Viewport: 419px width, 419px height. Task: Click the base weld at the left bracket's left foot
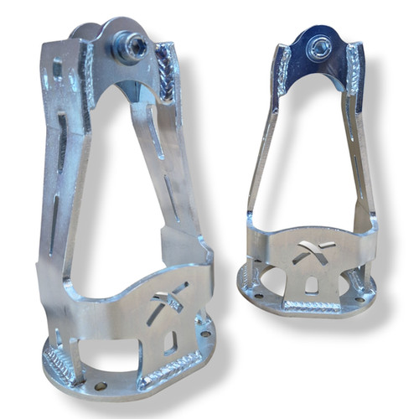pos(59,364)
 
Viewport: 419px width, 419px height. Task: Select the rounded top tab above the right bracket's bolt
pos(317,32)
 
